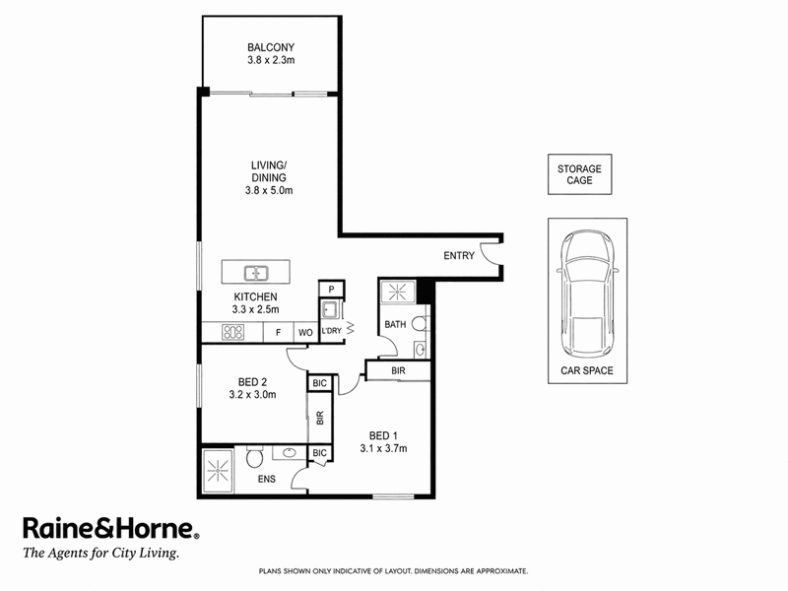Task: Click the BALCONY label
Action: [x=271, y=47]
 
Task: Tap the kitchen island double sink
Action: [x=256, y=274]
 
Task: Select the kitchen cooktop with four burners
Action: [x=232, y=332]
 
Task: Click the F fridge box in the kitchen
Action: [x=278, y=333]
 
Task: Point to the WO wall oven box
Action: [x=305, y=333]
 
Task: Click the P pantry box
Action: [x=331, y=290]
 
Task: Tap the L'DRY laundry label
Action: [x=331, y=331]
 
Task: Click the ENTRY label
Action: [x=459, y=256]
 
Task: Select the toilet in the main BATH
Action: [x=421, y=324]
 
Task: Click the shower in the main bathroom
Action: [x=398, y=292]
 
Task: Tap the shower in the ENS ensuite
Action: [x=218, y=472]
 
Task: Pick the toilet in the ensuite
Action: [x=254, y=457]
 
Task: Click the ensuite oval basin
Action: [x=289, y=453]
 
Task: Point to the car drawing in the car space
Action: [x=587, y=294]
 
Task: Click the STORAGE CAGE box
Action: [x=579, y=174]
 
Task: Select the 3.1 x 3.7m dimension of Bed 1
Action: [x=383, y=448]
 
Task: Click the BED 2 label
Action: [x=252, y=382]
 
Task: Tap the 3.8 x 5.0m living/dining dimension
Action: [x=269, y=190]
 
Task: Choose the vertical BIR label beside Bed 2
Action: [x=320, y=418]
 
